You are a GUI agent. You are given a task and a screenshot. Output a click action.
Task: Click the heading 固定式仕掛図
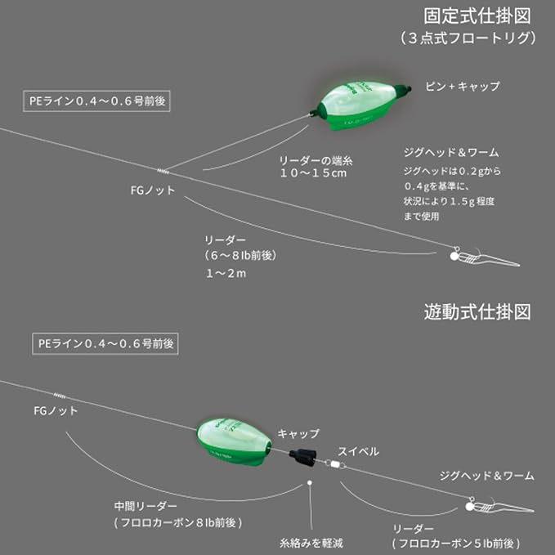478,16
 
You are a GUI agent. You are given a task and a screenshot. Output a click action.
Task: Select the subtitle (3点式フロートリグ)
468,38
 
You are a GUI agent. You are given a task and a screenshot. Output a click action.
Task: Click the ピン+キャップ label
462,86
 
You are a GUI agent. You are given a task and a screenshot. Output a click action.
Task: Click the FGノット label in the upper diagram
153,190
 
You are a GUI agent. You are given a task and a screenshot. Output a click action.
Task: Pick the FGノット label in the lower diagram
56,411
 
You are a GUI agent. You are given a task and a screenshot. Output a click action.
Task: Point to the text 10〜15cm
314,172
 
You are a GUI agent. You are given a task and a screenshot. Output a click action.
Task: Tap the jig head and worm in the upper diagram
482,257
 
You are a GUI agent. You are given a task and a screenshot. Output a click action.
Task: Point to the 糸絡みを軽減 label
310,540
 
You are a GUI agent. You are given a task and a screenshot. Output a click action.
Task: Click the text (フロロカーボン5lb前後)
455,543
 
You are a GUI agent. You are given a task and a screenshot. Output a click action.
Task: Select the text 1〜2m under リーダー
226,273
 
